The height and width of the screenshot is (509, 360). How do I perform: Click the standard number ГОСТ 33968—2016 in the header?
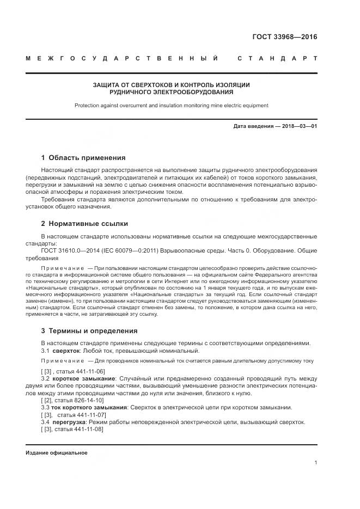[x=284, y=38]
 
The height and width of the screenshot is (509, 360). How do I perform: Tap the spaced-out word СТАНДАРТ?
[x=277, y=58]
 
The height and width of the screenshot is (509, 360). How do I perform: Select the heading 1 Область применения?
[x=83, y=158]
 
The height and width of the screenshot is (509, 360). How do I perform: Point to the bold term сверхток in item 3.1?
[x=69, y=351]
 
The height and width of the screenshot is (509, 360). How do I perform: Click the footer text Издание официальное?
[x=57, y=453]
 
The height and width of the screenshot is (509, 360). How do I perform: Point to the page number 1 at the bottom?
[x=315, y=463]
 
